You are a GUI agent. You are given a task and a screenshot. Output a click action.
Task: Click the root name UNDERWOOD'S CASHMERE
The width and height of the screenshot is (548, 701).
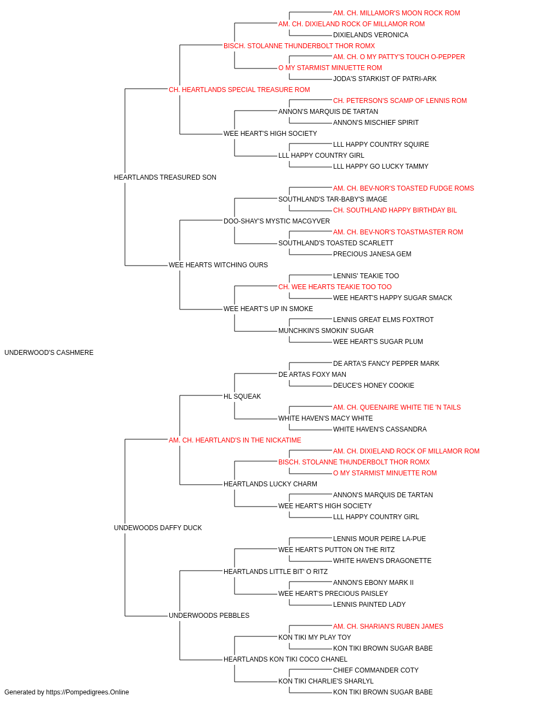(49, 353)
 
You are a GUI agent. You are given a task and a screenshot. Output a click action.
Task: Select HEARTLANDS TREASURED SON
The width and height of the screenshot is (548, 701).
(165, 177)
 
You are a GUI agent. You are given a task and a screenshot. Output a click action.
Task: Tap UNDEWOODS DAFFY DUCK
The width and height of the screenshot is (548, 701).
(158, 528)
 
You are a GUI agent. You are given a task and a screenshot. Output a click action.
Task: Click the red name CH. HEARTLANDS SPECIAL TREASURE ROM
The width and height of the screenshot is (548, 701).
(239, 90)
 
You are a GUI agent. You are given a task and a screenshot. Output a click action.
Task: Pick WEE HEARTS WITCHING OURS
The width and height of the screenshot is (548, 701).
(218, 265)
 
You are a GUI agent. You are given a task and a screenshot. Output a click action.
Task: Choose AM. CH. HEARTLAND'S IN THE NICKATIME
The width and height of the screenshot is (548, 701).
(235, 440)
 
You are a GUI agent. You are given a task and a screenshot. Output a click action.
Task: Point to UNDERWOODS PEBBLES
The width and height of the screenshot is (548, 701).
(209, 615)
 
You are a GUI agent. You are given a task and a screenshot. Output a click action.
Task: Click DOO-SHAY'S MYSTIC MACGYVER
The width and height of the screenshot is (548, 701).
(277, 221)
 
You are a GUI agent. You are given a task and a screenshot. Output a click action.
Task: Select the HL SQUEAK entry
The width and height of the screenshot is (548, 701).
(242, 396)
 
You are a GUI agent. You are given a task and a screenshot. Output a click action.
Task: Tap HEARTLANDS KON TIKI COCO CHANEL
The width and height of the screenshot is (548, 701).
(286, 659)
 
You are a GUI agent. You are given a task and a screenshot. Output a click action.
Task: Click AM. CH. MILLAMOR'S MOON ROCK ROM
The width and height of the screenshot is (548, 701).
(397, 13)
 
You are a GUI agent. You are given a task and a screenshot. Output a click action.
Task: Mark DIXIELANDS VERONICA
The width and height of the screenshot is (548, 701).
(370, 35)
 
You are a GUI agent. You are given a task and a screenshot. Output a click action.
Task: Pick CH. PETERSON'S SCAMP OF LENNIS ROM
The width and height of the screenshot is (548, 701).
(400, 101)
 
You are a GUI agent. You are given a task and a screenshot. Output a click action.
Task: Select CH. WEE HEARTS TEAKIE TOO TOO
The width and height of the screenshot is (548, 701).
(335, 287)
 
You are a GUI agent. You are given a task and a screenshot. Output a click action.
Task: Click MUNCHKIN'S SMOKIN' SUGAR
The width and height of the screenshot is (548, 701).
(326, 331)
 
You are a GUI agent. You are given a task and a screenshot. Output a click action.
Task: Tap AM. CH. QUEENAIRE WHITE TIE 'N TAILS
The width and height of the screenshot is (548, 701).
(397, 407)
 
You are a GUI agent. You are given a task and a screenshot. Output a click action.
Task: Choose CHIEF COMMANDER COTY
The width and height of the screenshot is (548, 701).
(376, 670)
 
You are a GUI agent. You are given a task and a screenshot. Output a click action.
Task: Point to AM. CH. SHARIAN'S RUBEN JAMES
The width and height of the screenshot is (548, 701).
(388, 626)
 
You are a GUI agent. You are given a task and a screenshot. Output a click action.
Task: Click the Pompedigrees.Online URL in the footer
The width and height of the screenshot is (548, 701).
(88, 692)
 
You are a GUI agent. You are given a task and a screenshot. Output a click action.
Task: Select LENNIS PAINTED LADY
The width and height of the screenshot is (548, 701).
(369, 604)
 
